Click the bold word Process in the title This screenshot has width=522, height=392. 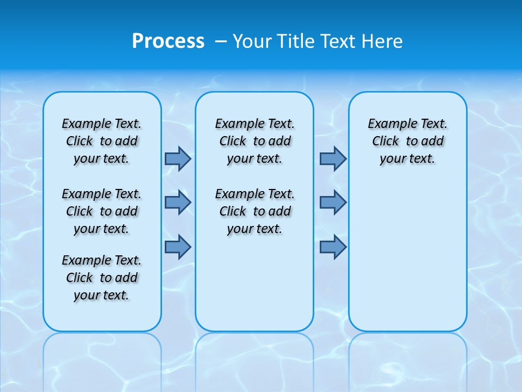168,41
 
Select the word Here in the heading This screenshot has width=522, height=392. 383,41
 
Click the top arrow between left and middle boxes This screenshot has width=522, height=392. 178,158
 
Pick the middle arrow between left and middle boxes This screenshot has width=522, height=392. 178,203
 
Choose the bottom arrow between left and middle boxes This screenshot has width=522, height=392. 178,247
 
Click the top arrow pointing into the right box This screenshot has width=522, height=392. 333,158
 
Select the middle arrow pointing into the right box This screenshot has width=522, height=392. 333,203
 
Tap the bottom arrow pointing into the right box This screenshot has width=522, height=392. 333,247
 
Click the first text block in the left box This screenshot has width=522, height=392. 102,141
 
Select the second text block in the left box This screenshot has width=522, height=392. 102,211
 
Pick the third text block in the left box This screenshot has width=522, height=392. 102,278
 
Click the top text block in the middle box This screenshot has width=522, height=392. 254,141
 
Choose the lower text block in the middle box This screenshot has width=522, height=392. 254,211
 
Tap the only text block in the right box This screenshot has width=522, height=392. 407,141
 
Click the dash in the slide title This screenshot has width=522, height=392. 221,41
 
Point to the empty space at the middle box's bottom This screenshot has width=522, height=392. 254,289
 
